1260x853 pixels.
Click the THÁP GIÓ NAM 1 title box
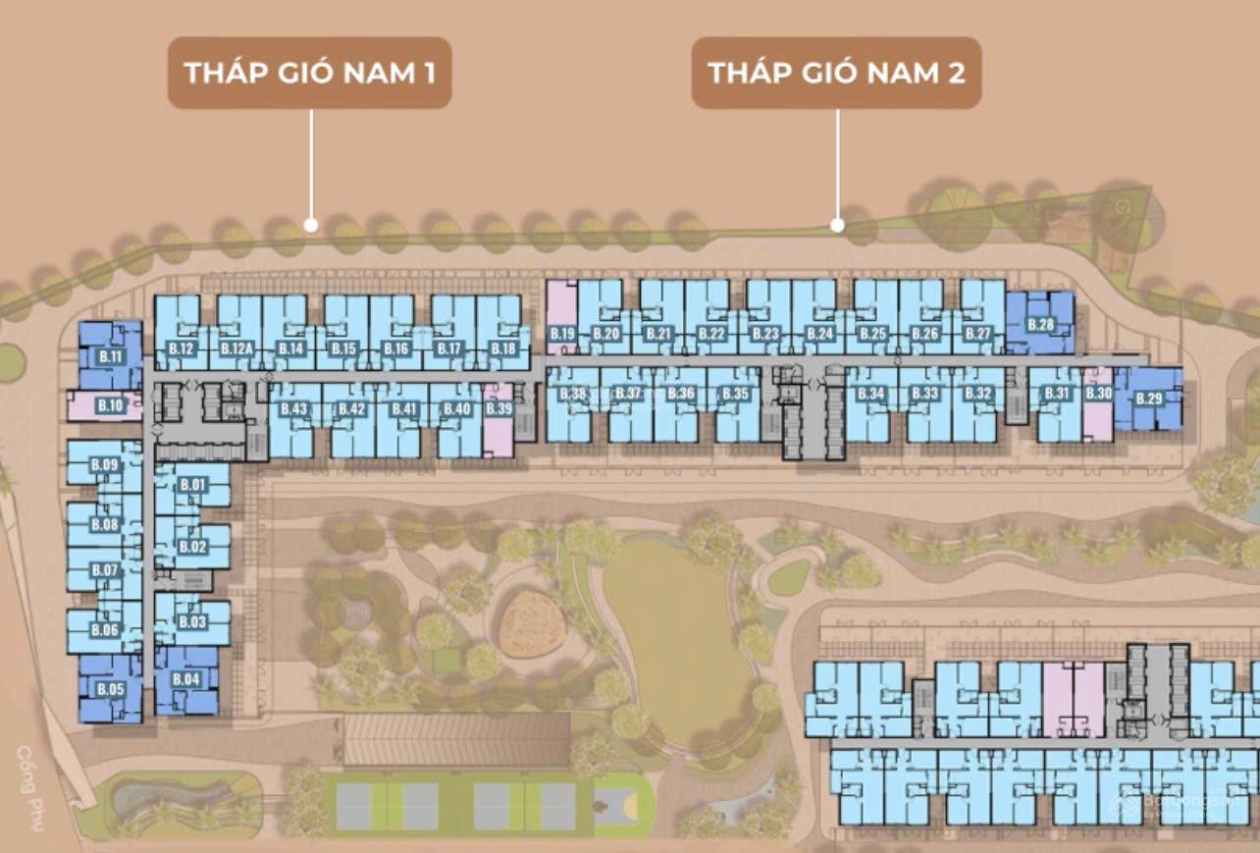pyautogui.click(x=309, y=73)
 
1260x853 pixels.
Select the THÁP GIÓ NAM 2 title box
pyautogui.click(x=836, y=73)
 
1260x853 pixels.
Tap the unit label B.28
pyautogui.click(x=1040, y=325)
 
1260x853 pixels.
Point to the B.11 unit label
pyautogui.click(x=110, y=356)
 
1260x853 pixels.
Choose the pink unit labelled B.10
pyautogui.click(x=110, y=404)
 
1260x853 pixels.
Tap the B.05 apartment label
pyautogui.click(x=110, y=690)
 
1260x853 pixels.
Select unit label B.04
pyautogui.click(x=185, y=679)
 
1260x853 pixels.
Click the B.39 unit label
pyautogui.click(x=499, y=408)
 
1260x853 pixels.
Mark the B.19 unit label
pyautogui.click(x=562, y=335)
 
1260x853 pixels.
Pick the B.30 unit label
pyautogui.click(x=1099, y=394)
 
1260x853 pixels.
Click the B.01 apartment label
pyautogui.click(x=192, y=485)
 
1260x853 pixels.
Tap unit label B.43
pyautogui.click(x=294, y=408)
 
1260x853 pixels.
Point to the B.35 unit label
pyautogui.click(x=735, y=394)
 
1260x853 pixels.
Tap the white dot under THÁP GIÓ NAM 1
pyautogui.click(x=311, y=225)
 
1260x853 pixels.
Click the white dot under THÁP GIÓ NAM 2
pyautogui.click(x=837, y=225)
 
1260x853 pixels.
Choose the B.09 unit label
pyautogui.click(x=104, y=464)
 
